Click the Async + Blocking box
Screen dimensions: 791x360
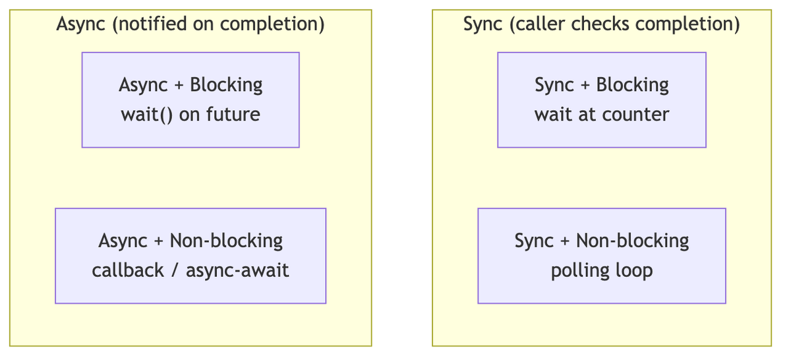click(190, 100)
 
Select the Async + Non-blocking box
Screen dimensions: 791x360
click(190, 256)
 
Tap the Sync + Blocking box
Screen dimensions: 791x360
click(602, 100)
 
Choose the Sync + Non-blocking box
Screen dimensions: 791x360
click(602, 256)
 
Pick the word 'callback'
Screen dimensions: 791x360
click(128, 270)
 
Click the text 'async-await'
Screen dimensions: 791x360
click(238, 270)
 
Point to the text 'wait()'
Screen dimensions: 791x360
click(147, 115)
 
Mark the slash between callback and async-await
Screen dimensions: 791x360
click(175, 270)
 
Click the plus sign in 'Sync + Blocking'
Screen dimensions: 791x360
click(585, 85)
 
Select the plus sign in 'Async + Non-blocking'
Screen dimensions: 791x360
click(159, 241)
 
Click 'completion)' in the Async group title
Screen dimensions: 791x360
click(272, 24)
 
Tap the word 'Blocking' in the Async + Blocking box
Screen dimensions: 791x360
click(226, 85)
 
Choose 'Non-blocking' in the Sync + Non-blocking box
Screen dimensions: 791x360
click(632, 241)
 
